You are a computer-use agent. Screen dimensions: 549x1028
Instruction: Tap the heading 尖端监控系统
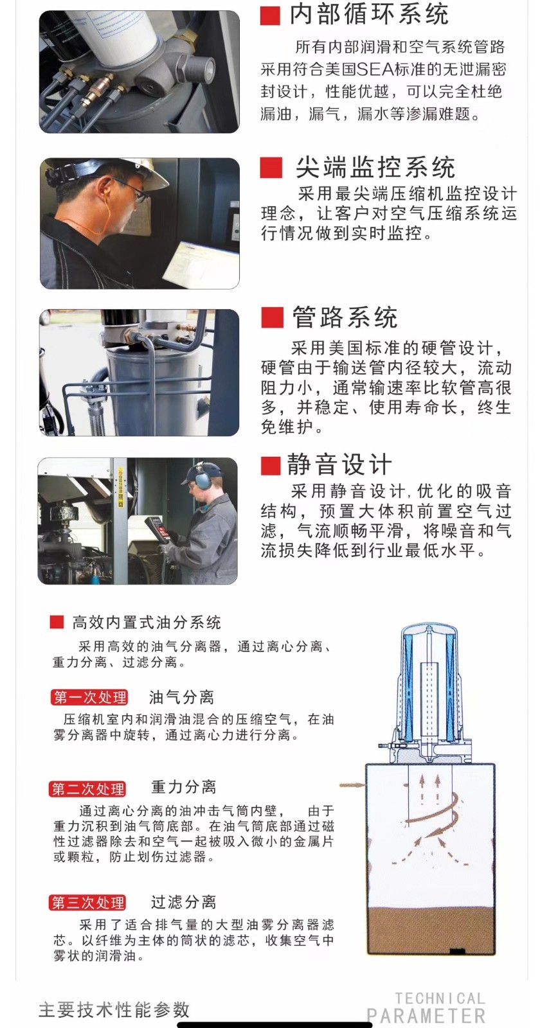375,167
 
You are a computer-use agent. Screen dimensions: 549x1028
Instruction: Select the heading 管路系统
345,317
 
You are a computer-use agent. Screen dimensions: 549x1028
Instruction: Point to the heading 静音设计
339,465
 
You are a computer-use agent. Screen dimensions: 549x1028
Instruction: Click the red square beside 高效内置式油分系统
57,622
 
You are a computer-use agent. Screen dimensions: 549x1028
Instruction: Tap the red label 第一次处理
89,698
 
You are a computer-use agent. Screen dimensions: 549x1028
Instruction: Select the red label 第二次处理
87,789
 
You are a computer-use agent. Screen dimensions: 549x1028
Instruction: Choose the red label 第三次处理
87,903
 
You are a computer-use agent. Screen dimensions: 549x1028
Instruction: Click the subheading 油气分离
182,698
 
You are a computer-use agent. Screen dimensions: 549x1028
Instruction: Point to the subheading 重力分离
184,787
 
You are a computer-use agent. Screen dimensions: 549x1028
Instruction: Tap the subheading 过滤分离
184,902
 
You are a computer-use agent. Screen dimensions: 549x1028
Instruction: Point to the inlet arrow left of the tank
352,785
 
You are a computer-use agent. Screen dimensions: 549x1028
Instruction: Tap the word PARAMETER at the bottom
426,1016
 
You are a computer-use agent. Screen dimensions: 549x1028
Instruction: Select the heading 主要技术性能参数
114,1010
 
